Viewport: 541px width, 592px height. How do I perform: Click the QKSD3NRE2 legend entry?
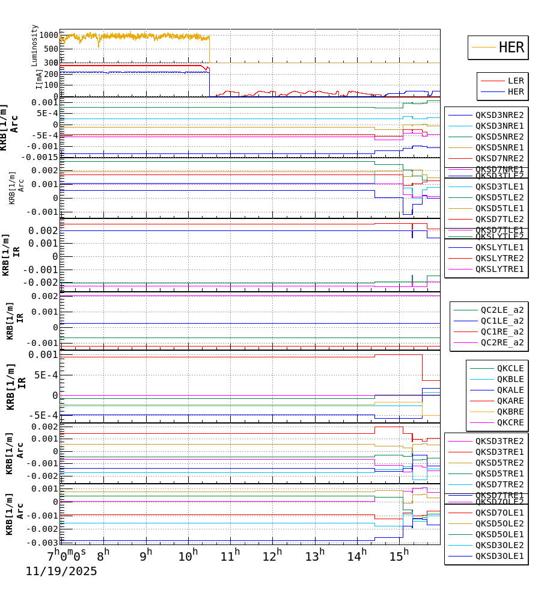click(x=499, y=115)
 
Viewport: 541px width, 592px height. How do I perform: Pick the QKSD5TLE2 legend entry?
click(x=499, y=197)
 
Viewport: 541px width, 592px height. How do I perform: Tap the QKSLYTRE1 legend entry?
click(x=499, y=269)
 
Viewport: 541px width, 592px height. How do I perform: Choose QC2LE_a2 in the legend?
click(x=501, y=310)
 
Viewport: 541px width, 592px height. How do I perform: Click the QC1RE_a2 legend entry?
click(x=501, y=331)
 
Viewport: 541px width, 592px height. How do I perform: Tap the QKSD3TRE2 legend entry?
click(x=499, y=441)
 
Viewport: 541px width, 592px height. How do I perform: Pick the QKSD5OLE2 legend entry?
click(x=499, y=523)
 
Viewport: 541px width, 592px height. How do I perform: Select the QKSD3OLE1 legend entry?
click(x=499, y=556)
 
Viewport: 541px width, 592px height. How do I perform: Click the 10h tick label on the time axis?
click(x=188, y=557)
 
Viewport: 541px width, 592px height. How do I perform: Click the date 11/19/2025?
click(x=61, y=572)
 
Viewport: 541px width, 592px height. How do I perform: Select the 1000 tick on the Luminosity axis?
click(x=50, y=35)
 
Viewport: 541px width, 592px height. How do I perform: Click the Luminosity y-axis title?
click(x=35, y=45)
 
